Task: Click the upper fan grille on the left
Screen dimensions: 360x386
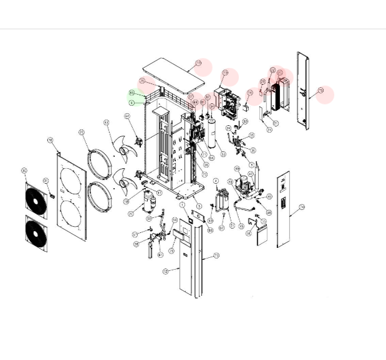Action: tap(36, 196)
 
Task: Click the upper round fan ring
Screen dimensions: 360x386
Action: tap(98, 163)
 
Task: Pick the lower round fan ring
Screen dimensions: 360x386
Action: tap(99, 196)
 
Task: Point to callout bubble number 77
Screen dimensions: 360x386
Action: tap(198, 64)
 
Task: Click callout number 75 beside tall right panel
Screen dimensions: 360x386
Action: tap(321, 90)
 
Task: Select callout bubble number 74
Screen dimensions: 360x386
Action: tap(302, 206)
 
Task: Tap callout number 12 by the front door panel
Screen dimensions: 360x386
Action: tap(166, 272)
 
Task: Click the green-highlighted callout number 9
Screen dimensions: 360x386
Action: tap(132, 102)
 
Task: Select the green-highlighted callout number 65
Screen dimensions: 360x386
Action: tap(132, 93)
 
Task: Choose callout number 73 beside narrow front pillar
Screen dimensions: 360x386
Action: tap(216, 255)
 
